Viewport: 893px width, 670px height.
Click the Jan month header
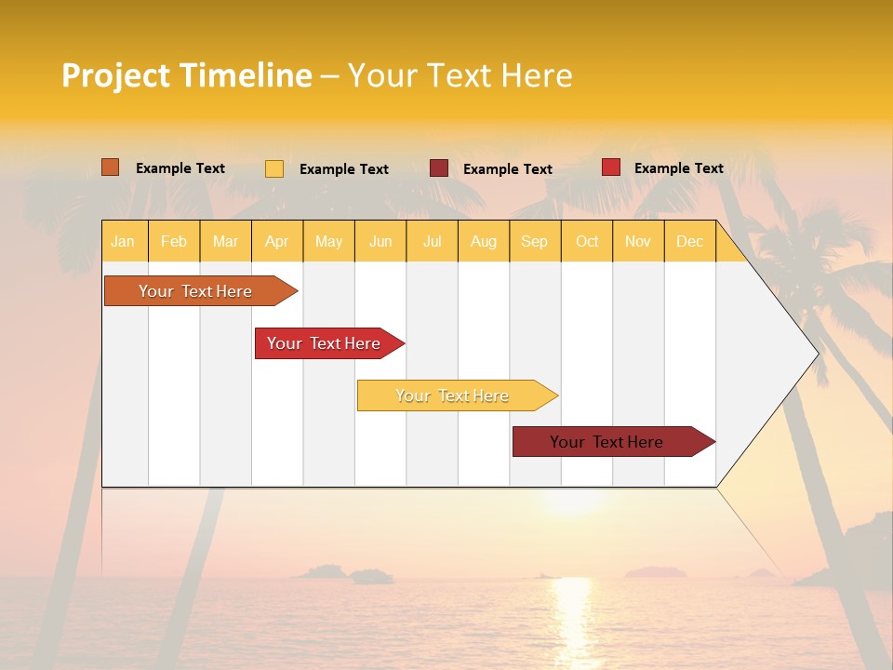pyautogui.click(x=124, y=241)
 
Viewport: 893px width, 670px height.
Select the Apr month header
pyautogui.click(x=277, y=241)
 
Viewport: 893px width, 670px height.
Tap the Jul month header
pyautogui.click(x=433, y=241)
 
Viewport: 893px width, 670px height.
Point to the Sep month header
pyautogui.click(x=534, y=241)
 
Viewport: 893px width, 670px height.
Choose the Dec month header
pyautogui.click(x=689, y=241)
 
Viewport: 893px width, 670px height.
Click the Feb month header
pyautogui.click(x=174, y=241)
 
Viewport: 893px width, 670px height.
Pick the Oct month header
pyautogui.click(x=587, y=241)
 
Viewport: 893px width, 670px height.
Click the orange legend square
pyautogui.click(x=111, y=167)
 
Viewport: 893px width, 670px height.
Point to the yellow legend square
pyautogui.click(x=274, y=168)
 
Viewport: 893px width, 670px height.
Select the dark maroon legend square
pyautogui.click(x=439, y=168)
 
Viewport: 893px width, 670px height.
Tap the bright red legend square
pyautogui.click(x=611, y=167)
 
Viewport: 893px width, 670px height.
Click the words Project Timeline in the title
pyautogui.click(x=187, y=75)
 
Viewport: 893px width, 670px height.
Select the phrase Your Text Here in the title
pyautogui.click(x=460, y=75)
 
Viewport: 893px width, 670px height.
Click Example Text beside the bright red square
pyautogui.click(x=678, y=168)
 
